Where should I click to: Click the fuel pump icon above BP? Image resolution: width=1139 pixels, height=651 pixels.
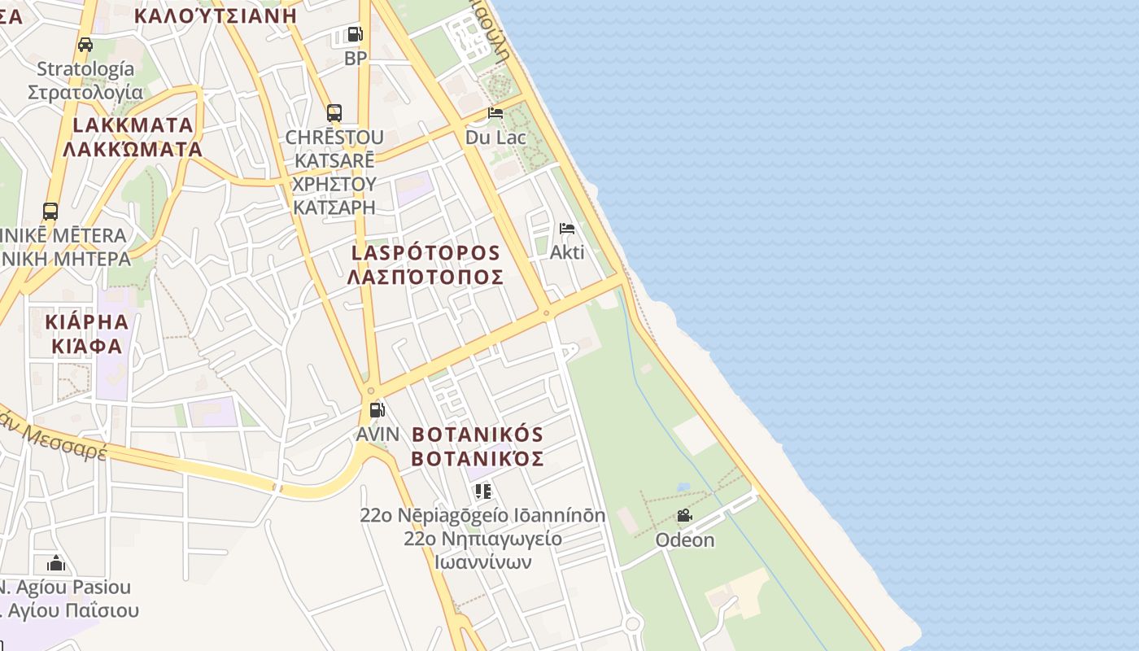point(355,34)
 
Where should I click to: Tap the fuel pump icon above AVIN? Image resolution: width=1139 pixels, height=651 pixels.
point(377,409)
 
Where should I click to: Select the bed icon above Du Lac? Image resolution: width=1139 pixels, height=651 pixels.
point(495,113)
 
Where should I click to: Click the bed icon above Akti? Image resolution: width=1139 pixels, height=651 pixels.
point(567,229)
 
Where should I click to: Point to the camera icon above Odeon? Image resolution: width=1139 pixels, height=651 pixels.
point(684,516)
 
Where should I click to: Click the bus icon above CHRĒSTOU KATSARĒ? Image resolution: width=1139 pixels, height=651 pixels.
point(334,113)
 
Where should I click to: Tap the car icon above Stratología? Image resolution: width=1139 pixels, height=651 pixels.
point(85,45)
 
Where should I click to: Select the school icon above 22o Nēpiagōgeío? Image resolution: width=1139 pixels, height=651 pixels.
point(483,491)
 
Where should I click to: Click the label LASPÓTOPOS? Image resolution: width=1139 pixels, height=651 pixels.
point(425,252)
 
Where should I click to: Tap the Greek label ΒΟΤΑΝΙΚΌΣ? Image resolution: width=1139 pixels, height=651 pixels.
point(477,459)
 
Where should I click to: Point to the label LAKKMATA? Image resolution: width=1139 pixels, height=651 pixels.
point(133,125)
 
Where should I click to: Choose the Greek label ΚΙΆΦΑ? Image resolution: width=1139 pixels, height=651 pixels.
point(87,346)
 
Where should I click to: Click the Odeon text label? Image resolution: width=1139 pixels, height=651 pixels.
point(685,540)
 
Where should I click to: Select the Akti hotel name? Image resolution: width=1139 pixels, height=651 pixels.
point(567,252)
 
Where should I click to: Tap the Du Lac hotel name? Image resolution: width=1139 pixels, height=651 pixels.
point(495,138)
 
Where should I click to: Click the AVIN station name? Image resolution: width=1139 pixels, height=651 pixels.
point(377,434)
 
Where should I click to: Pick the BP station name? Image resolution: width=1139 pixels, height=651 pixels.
point(356,59)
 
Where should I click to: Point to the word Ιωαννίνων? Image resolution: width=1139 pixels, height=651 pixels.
point(482,562)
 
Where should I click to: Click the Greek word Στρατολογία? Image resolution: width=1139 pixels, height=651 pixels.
point(85,92)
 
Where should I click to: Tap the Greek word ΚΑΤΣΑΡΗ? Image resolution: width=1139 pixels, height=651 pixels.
point(334,208)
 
